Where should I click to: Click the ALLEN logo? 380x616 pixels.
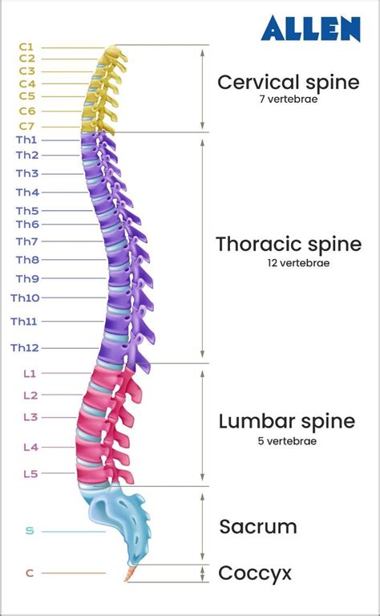click(311, 29)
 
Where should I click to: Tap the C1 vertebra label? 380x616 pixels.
click(26, 47)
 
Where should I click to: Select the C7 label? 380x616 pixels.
click(26, 126)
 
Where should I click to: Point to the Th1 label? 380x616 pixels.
click(26, 140)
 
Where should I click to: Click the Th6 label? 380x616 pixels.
click(26, 225)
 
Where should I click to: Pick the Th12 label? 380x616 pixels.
click(24, 348)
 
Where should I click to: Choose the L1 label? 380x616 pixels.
click(30, 374)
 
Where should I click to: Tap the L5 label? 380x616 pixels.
click(30, 474)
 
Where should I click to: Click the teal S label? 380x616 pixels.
click(30, 531)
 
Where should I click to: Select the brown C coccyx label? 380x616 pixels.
click(30, 573)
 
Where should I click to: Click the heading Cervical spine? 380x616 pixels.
click(288, 82)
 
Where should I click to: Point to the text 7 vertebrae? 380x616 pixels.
click(288, 99)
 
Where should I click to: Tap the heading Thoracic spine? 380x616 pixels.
click(288, 244)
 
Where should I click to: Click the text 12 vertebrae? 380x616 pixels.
click(288, 262)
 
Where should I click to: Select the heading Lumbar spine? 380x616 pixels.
click(286, 422)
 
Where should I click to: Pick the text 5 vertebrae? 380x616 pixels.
click(287, 440)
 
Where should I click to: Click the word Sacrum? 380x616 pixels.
click(258, 527)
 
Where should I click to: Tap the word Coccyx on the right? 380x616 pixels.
click(255, 573)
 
